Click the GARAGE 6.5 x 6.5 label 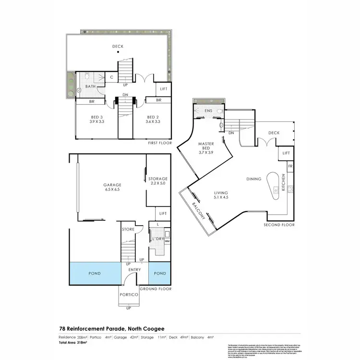point(112,187)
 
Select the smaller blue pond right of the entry point(159,273)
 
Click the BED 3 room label point(97,120)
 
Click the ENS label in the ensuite point(208,111)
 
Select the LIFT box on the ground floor point(163,214)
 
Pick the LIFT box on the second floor point(286,153)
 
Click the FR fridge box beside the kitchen point(289,166)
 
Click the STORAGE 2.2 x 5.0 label point(157,181)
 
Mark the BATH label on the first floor point(90,86)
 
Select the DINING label point(254,179)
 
